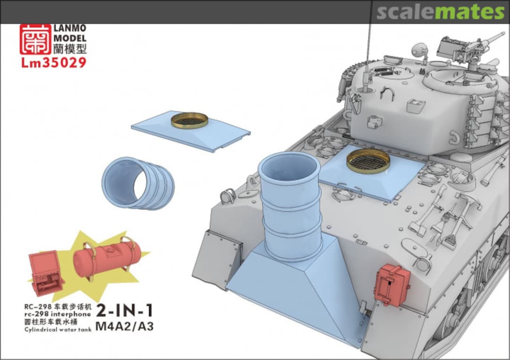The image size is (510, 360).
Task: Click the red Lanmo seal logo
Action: coord(35,39)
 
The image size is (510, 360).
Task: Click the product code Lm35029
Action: coord(54,62)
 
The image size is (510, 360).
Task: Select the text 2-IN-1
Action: coord(125,311)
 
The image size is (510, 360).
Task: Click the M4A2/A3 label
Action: coord(125,326)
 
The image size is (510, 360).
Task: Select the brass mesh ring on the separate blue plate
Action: coord(190,120)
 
